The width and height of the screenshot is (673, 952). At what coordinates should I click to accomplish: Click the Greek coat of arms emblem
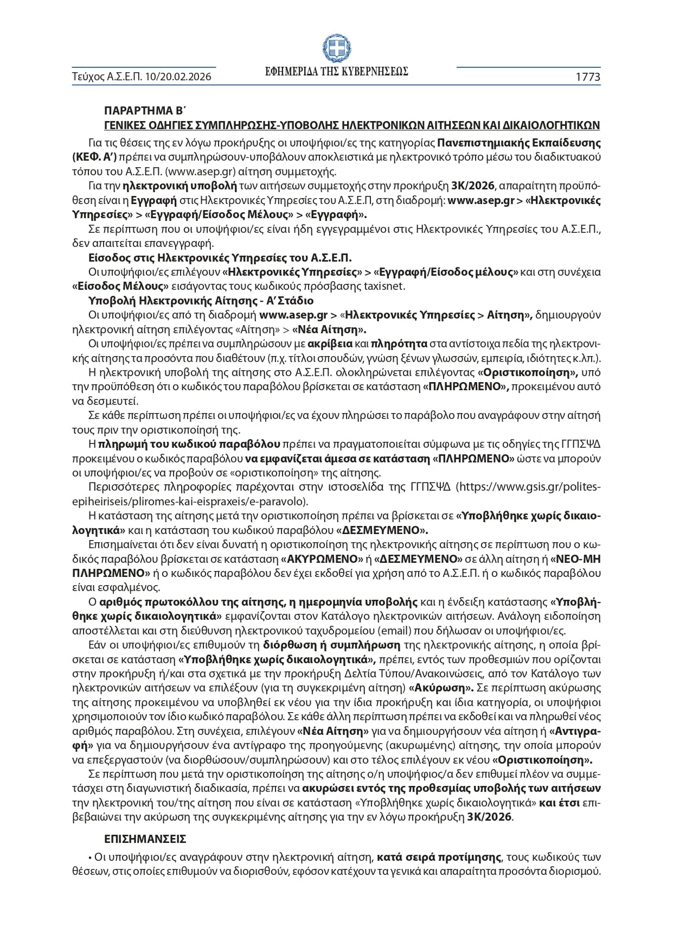point(337,48)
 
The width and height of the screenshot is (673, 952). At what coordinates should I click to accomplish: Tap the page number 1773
point(588,77)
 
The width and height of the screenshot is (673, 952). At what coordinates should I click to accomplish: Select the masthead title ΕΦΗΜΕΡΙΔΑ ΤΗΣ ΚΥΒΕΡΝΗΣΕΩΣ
point(337,72)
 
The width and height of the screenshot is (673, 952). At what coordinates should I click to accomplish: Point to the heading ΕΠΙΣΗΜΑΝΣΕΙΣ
point(145,839)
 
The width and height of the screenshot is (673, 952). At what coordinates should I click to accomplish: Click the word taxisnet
point(385,286)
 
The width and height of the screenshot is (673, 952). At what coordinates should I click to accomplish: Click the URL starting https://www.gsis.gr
point(529,487)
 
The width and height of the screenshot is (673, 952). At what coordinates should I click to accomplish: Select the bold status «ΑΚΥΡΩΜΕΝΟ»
point(322,558)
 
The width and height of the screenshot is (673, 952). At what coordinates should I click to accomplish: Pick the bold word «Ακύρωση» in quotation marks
point(441,688)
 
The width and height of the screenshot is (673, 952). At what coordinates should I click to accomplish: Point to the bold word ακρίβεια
point(330,344)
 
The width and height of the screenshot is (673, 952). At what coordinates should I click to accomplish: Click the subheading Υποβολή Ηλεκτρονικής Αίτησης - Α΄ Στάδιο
point(201,301)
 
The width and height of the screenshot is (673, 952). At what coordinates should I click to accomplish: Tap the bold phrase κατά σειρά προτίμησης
point(439,858)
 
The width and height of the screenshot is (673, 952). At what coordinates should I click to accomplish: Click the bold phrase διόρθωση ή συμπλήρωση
point(331,645)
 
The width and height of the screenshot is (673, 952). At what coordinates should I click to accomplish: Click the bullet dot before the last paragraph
point(89,858)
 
